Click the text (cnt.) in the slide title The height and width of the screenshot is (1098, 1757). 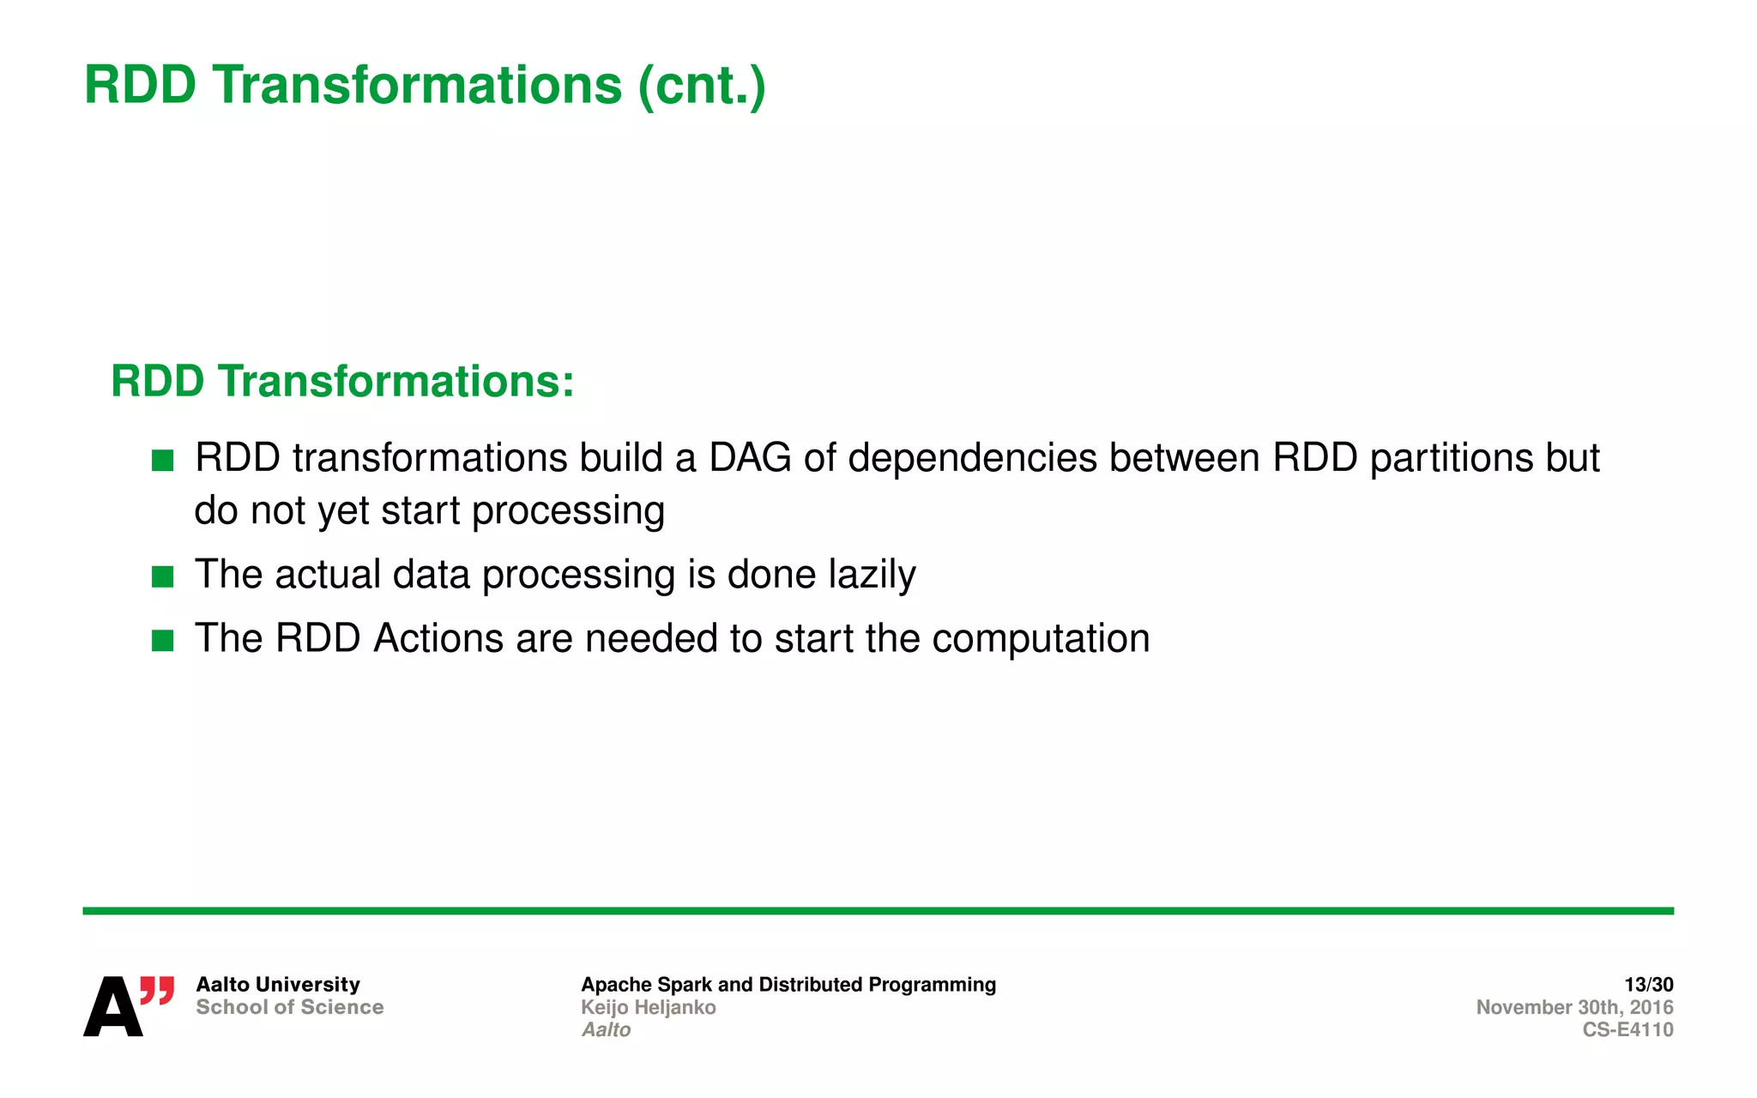click(x=701, y=86)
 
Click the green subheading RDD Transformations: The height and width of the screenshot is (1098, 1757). click(x=342, y=382)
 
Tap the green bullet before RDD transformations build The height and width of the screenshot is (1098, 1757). click(x=162, y=461)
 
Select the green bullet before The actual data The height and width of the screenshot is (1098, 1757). click(x=162, y=576)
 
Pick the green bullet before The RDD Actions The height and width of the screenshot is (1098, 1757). click(x=162, y=641)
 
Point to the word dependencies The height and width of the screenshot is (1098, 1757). click(x=973, y=460)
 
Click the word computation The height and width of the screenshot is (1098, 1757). click(x=1041, y=640)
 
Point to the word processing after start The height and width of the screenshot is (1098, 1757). click(x=568, y=512)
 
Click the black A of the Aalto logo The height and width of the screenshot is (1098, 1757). click(x=112, y=1007)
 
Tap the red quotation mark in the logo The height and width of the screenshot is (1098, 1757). click(x=158, y=990)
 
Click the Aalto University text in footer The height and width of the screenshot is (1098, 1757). click(x=278, y=985)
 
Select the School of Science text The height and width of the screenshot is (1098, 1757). click(x=289, y=1007)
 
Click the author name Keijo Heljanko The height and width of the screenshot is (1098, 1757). click(x=648, y=1007)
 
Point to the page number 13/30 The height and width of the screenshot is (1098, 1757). click(x=1648, y=985)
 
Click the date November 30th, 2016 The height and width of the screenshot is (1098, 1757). click(x=1574, y=1007)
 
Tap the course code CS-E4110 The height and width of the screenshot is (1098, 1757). click(x=1627, y=1029)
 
